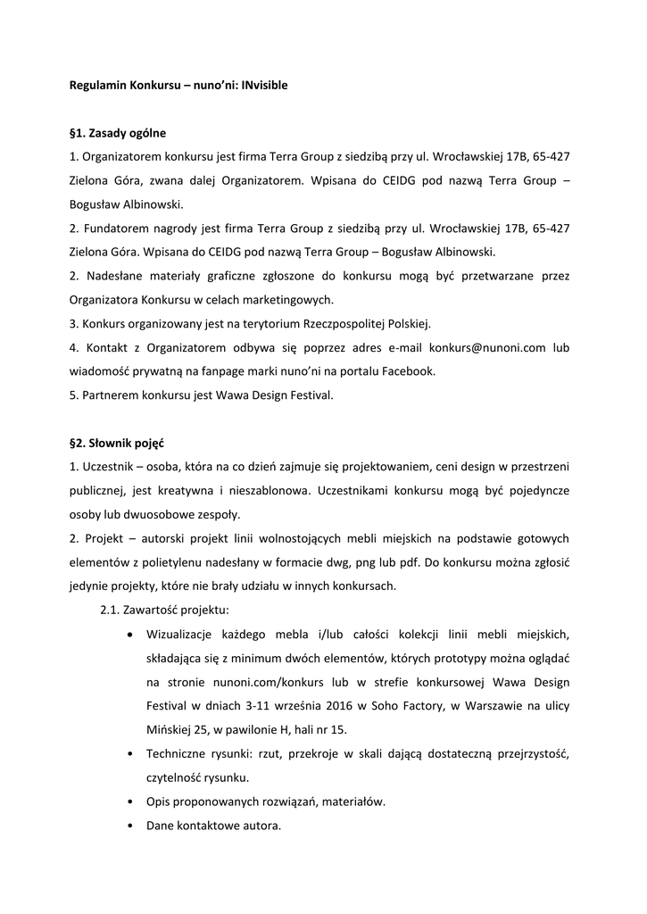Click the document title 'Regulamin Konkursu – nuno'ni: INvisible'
(178, 87)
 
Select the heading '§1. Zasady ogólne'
(118, 134)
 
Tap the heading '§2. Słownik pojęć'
(117, 443)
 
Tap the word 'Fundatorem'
(112, 228)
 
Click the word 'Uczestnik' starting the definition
(105, 467)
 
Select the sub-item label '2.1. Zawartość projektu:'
(164, 610)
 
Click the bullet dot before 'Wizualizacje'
(132, 635)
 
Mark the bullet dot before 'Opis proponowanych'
(132, 802)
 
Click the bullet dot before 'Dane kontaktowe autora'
(132, 826)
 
